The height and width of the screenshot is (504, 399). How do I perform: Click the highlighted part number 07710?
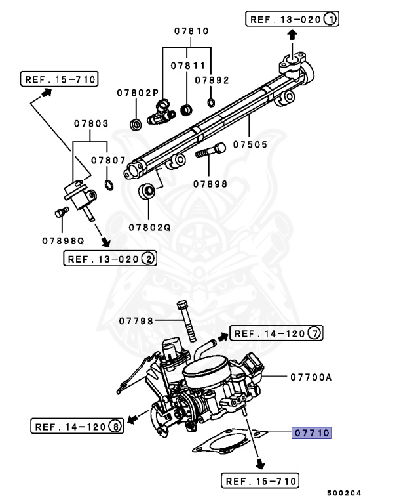point(312,433)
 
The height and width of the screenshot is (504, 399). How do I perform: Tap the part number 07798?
point(136,321)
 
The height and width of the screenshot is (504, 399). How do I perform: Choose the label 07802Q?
point(149,227)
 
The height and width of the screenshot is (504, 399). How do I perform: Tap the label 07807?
point(108,159)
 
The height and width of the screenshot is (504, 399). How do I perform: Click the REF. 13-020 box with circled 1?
point(292,20)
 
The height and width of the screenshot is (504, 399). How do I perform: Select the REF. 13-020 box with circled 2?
point(110,259)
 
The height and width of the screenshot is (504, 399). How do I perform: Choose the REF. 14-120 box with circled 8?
point(77,427)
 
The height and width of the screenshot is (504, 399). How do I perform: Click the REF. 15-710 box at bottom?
point(260,481)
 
